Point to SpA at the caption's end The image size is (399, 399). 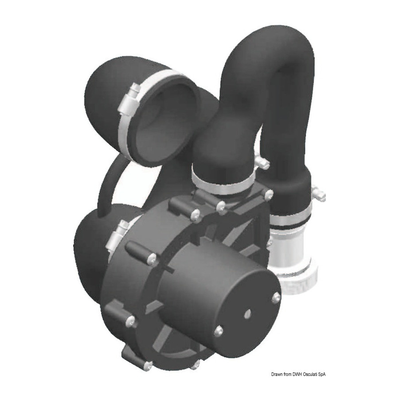coord(322,374)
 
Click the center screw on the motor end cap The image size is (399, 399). coord(247,315)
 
